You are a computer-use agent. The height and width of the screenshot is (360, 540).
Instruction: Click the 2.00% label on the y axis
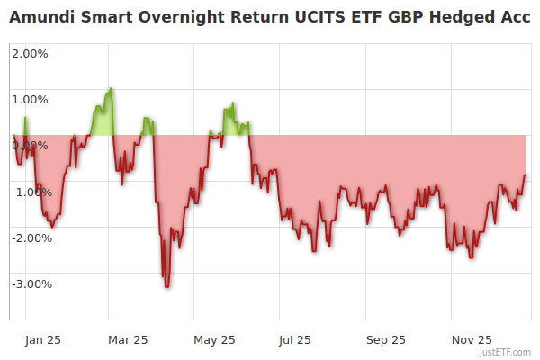tap(31, 52)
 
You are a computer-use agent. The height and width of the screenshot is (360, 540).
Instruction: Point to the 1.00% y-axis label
tap(31, 99)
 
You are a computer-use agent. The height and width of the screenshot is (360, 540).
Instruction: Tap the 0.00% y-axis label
tap(31, 145)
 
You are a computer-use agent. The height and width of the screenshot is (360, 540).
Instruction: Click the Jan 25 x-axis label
tap(43, 339)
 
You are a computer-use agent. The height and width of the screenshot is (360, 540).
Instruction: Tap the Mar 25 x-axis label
tap(127, 339)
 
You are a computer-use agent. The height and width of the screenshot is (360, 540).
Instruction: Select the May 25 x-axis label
tap(214, 339)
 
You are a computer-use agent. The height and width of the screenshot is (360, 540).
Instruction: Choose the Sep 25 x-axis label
tap(385, 339)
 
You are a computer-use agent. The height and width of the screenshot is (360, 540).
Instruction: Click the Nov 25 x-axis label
tap(471, 339)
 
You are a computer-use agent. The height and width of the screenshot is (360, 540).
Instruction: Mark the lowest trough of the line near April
tap(166, 286)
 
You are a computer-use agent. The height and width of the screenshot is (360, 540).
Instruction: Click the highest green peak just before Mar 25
tap(111, 88)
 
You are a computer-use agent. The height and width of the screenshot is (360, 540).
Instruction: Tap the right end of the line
tap(526, 175)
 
